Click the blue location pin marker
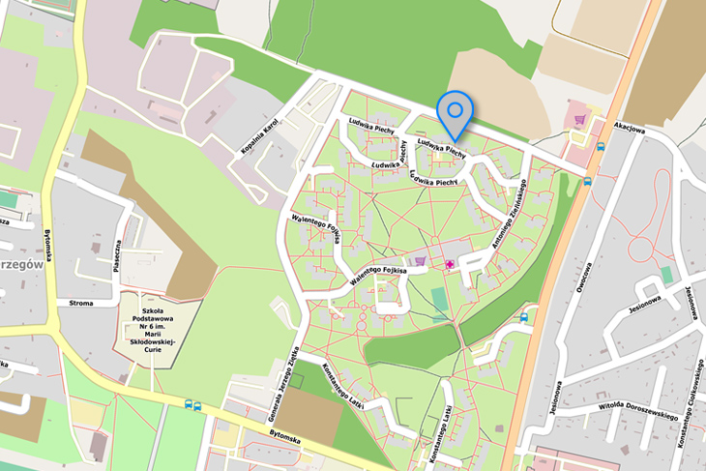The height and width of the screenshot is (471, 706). tap(453, 110)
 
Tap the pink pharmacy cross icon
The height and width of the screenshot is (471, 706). tap(450, 264)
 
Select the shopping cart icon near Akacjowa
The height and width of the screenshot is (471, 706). tap(579, 120)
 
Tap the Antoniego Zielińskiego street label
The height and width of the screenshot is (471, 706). tap(508, 216)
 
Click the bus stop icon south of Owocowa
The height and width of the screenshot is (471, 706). tap(524, 317)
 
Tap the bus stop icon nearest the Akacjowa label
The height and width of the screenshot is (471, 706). tap(602, 147)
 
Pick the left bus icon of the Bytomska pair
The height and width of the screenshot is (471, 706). tap(188, 405)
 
